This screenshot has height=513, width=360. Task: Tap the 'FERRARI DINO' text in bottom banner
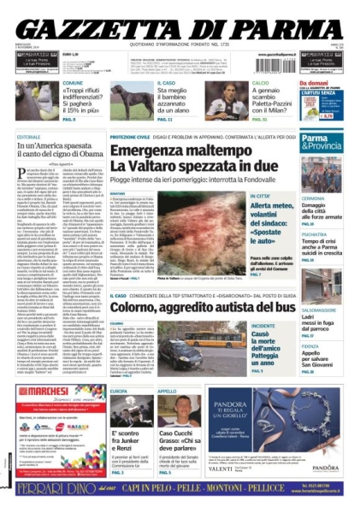pos(53,491)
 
